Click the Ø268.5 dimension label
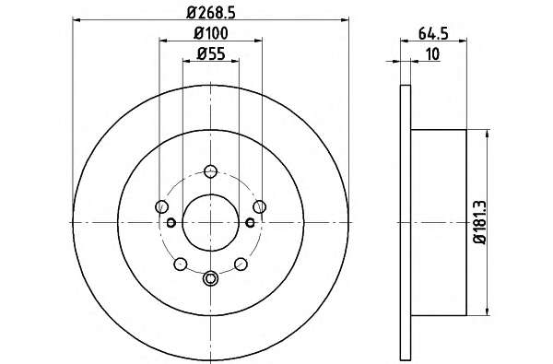[x=210, y=13]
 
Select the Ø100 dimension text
[x=210, y=33]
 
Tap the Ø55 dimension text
[x=210, y=53]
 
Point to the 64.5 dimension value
[x=433, y=34]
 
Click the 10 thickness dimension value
[x=433, y=54]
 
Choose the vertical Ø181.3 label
[x=480, y=222]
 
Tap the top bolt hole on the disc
[x=210, y=171]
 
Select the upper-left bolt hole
[x=162, y=206]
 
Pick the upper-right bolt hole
[x=259, y=206]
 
